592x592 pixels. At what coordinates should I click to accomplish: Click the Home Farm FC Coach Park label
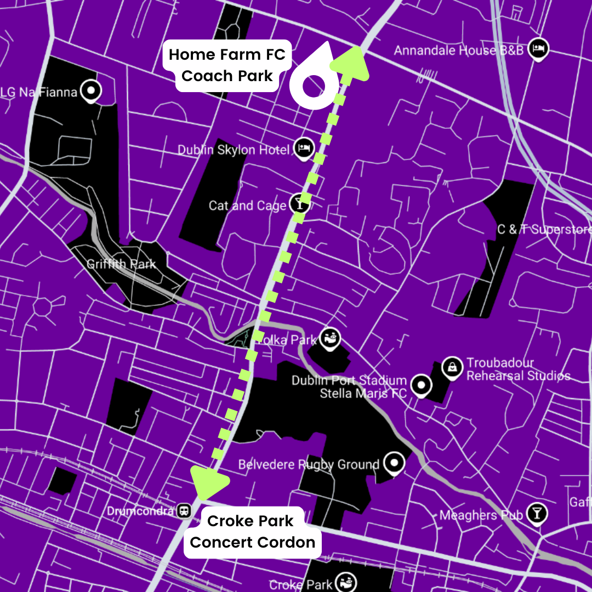pyautogui.click(x=227, y=65)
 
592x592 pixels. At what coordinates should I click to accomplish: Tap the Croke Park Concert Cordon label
pyautogui.click(x=252, y=532)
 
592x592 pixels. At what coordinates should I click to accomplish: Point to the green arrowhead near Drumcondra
pyautogui.click(x=209, y=481)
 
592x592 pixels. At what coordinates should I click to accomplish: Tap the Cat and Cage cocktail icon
pyautogui.click(x=300, y=203)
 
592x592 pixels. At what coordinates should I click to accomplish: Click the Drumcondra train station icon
pyautogui.click(x=185, y=511)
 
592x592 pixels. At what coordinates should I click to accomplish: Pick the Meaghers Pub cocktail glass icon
pyautogui.click(x=536, y=514)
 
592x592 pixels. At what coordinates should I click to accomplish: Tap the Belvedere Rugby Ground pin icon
pyautogui.click(x=394, y=464)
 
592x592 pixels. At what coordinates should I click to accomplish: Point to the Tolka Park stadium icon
pyautogui.click(x=329, y=338)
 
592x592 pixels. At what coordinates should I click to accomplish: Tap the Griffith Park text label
pyautogui.click(x=121, y=264)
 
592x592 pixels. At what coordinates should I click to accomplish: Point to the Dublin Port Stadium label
pyautogui.click(x=349, y=380)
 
